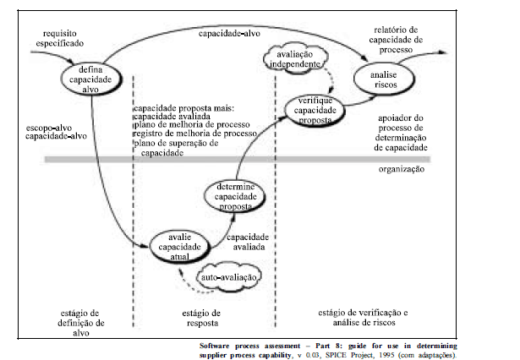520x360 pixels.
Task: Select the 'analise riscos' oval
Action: coord(389,79)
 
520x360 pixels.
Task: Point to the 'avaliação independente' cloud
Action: coord(293,59)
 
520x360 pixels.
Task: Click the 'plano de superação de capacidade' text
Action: coord(176,149)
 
